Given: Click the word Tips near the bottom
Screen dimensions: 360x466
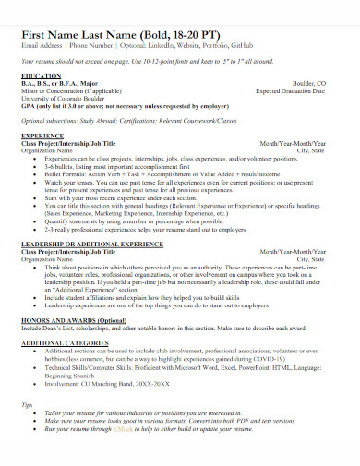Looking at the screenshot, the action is [28, 404].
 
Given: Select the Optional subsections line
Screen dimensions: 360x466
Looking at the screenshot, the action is [138, 120].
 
